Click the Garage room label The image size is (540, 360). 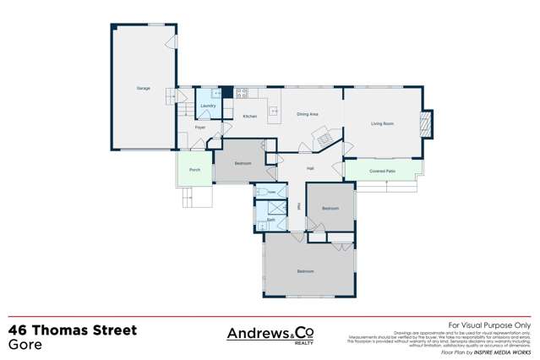143,88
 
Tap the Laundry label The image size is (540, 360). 207,106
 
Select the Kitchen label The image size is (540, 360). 249,116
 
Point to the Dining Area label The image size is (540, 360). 307,113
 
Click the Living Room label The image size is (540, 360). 383,123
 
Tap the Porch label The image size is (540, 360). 194,170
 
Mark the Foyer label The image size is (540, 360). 200,128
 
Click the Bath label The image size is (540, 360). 271,220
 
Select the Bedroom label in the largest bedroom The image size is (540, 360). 305,270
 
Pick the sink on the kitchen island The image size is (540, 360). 274,110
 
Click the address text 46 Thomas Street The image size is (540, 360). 72,330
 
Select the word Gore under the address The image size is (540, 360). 25,345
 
